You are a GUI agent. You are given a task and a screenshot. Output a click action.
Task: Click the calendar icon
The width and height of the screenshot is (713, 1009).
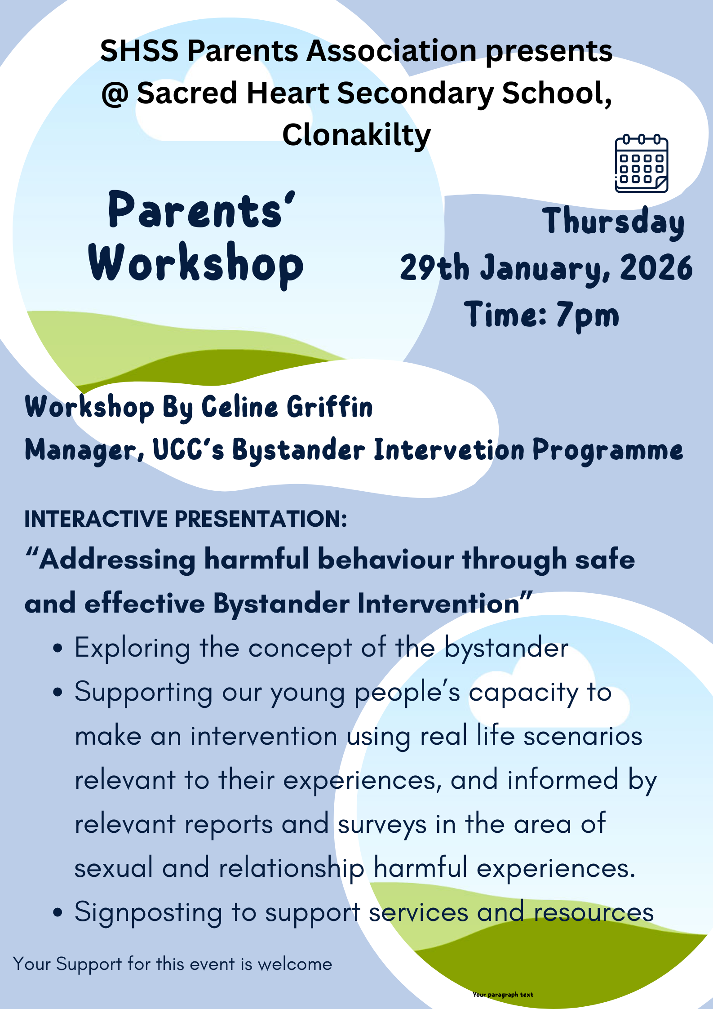click(641, 164)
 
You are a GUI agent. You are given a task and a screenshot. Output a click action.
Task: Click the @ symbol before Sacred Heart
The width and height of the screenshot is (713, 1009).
click(115, 94)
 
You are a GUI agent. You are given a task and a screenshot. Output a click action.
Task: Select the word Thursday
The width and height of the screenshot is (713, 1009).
click(613, 222)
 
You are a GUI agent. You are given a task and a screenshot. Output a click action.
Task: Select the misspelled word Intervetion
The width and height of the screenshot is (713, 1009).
click(449, 450)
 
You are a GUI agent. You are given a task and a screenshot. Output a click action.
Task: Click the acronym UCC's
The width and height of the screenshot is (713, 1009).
click(188, 450)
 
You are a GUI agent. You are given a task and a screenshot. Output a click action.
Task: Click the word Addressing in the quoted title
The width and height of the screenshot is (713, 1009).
click(117, 560)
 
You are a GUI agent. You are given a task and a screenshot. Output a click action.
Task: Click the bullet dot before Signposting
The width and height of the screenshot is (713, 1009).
click(57, 913)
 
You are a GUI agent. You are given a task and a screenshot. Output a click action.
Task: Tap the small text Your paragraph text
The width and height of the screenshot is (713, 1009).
click(503, 995)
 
